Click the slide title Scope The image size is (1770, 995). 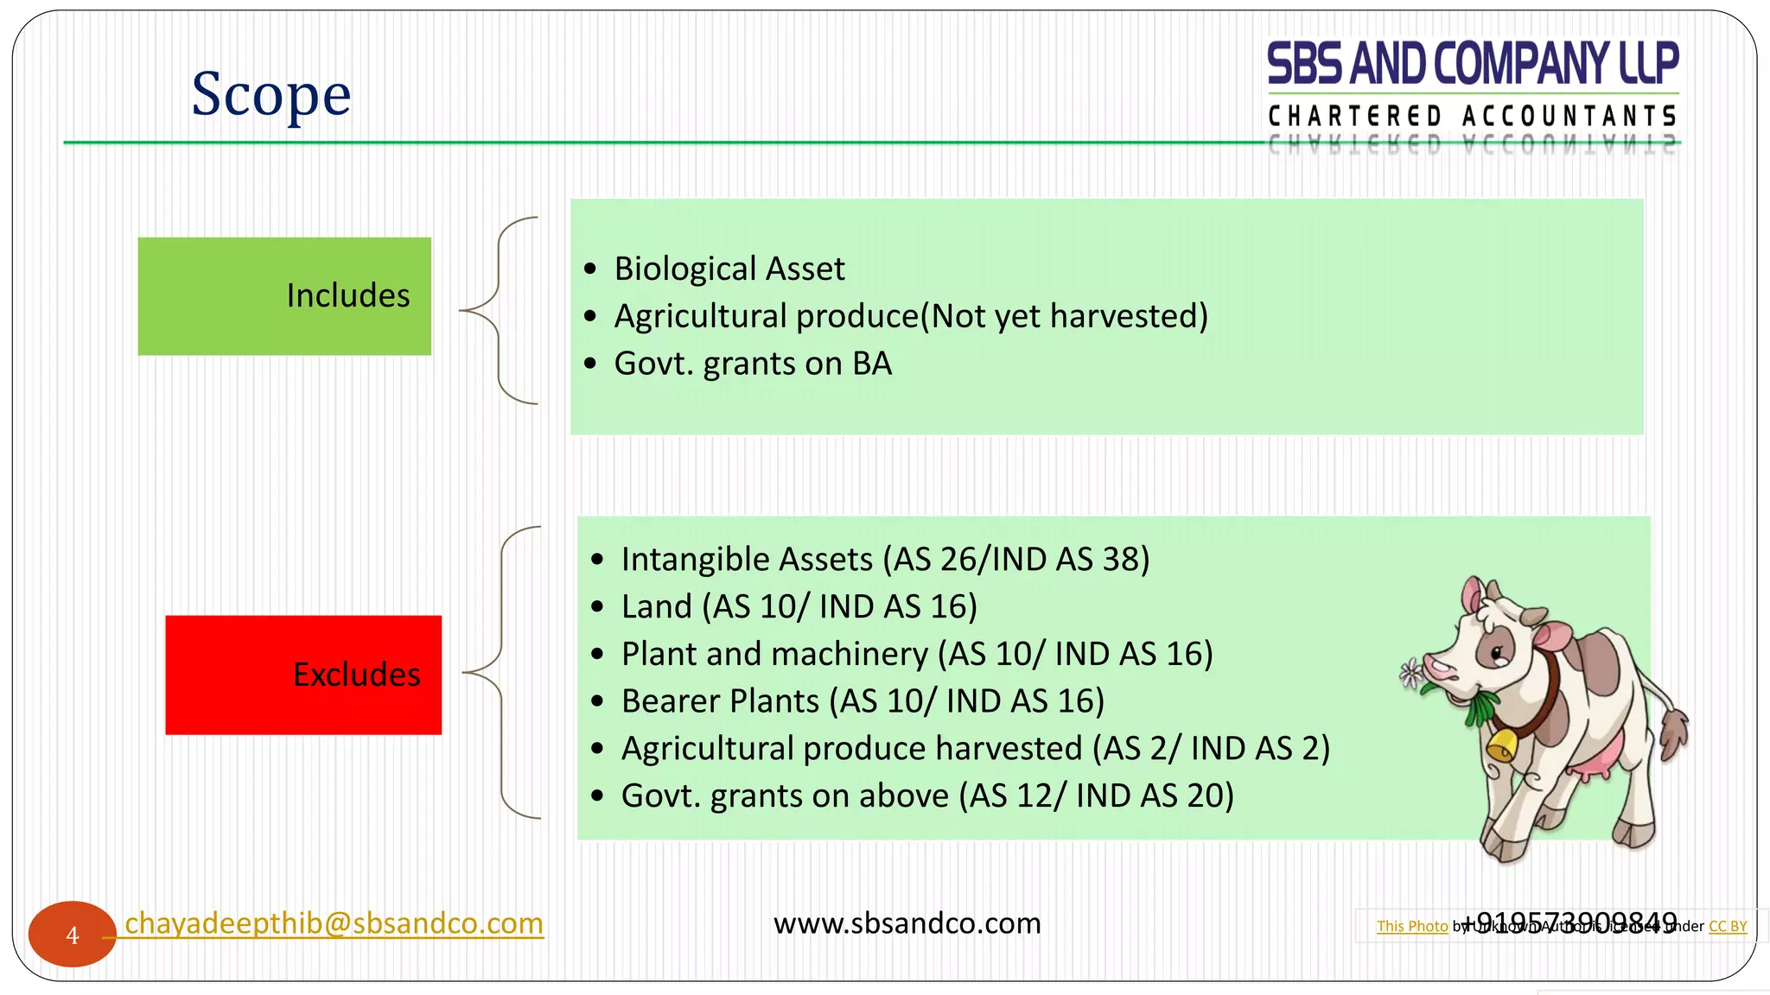click(x=271, y=94)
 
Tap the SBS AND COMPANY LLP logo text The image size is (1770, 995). click(x=1472, y=64)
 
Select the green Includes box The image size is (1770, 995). click(x=284, y=296)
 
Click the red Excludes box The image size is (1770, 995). click(x=303, y=675)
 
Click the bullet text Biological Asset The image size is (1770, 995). click(x=729, y=269)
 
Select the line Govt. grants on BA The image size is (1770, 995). click(x=752, y=364)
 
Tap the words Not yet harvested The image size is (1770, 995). click(x=1063, y=316)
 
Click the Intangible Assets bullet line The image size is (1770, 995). click(x=885, y=560)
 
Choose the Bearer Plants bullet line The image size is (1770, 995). click(x=862, y=701)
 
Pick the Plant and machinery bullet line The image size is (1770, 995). click(x=916, y=654)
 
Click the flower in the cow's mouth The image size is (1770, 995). click(x=1412, y=673)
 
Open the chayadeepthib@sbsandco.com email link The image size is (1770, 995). click(x=334, y=923)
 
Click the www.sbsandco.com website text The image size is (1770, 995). click(x=907, y=923)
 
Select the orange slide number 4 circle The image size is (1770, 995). click(x=73, y=935)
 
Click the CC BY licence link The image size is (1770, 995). click(x=1727, y=927)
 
